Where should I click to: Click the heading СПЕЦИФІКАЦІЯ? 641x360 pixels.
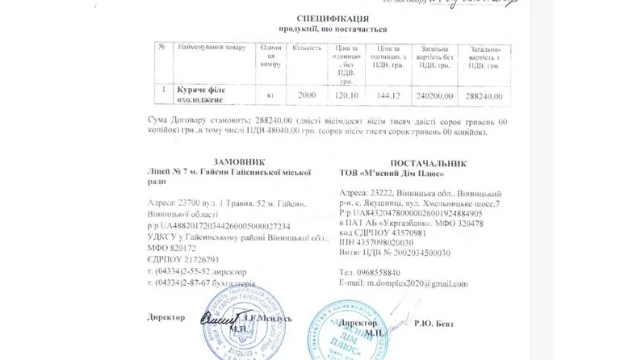click(x=321, y=17)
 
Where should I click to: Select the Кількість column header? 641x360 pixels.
click(x=308, y=48)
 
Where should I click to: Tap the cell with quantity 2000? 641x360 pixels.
click(x=307, y=95)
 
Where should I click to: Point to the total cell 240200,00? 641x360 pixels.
click(x=441, y=95)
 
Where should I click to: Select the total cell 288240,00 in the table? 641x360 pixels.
click(x=486, y=95)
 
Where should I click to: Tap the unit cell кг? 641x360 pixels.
click(x=271, y=95)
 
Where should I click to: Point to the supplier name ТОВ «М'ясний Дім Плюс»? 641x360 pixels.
click(x=392, y=174)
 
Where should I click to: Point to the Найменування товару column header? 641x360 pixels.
click(x=212, y=48)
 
